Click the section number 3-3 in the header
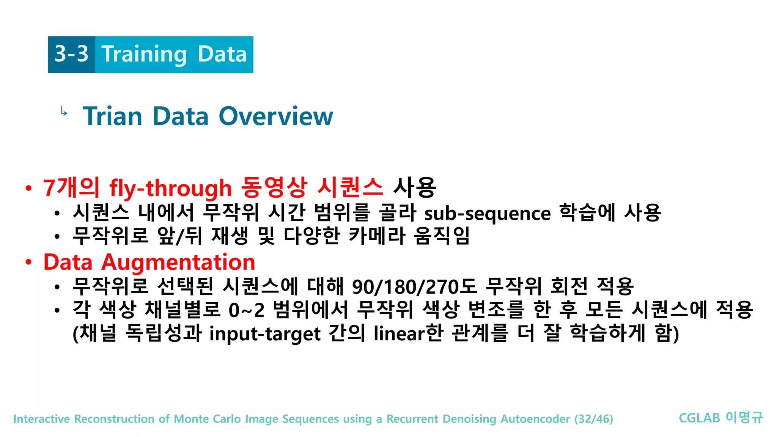[71, 54]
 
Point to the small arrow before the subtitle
[64, 112]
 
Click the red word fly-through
[170, 189]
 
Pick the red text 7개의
[71, 188]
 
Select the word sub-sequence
[487, 214]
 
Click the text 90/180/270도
[414, 287]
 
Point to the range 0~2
[246, 310]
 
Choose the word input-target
[265, 334]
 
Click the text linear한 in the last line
[408, 333]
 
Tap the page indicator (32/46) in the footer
[593, 419]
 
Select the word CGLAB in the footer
[699, 418]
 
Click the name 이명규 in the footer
[744, 418]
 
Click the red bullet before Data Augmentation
[28, 262]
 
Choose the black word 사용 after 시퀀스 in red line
[414, 188]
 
